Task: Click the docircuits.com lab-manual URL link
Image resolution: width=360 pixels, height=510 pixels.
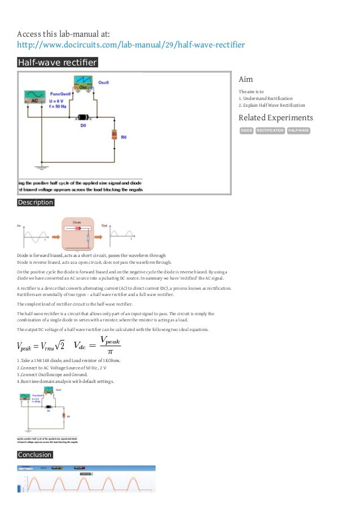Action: point(131,45)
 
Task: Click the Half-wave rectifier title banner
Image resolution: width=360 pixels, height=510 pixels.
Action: point(57,62)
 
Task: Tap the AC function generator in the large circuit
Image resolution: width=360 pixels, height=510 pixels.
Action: point(34,97)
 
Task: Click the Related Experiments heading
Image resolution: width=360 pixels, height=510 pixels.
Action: point(275,117)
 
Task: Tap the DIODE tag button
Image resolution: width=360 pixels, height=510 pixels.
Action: point(247,131)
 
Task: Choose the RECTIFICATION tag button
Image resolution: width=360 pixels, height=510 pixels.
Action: point(270,131)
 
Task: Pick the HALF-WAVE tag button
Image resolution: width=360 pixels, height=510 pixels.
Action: point(298,131)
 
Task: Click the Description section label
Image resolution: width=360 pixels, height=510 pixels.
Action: point(35,202)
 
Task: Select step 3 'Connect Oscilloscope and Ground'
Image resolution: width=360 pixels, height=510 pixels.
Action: point(57,374)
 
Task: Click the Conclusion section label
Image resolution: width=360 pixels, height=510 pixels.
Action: point(34,455)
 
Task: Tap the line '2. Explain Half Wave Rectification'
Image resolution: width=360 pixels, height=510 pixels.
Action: point(272,105)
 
